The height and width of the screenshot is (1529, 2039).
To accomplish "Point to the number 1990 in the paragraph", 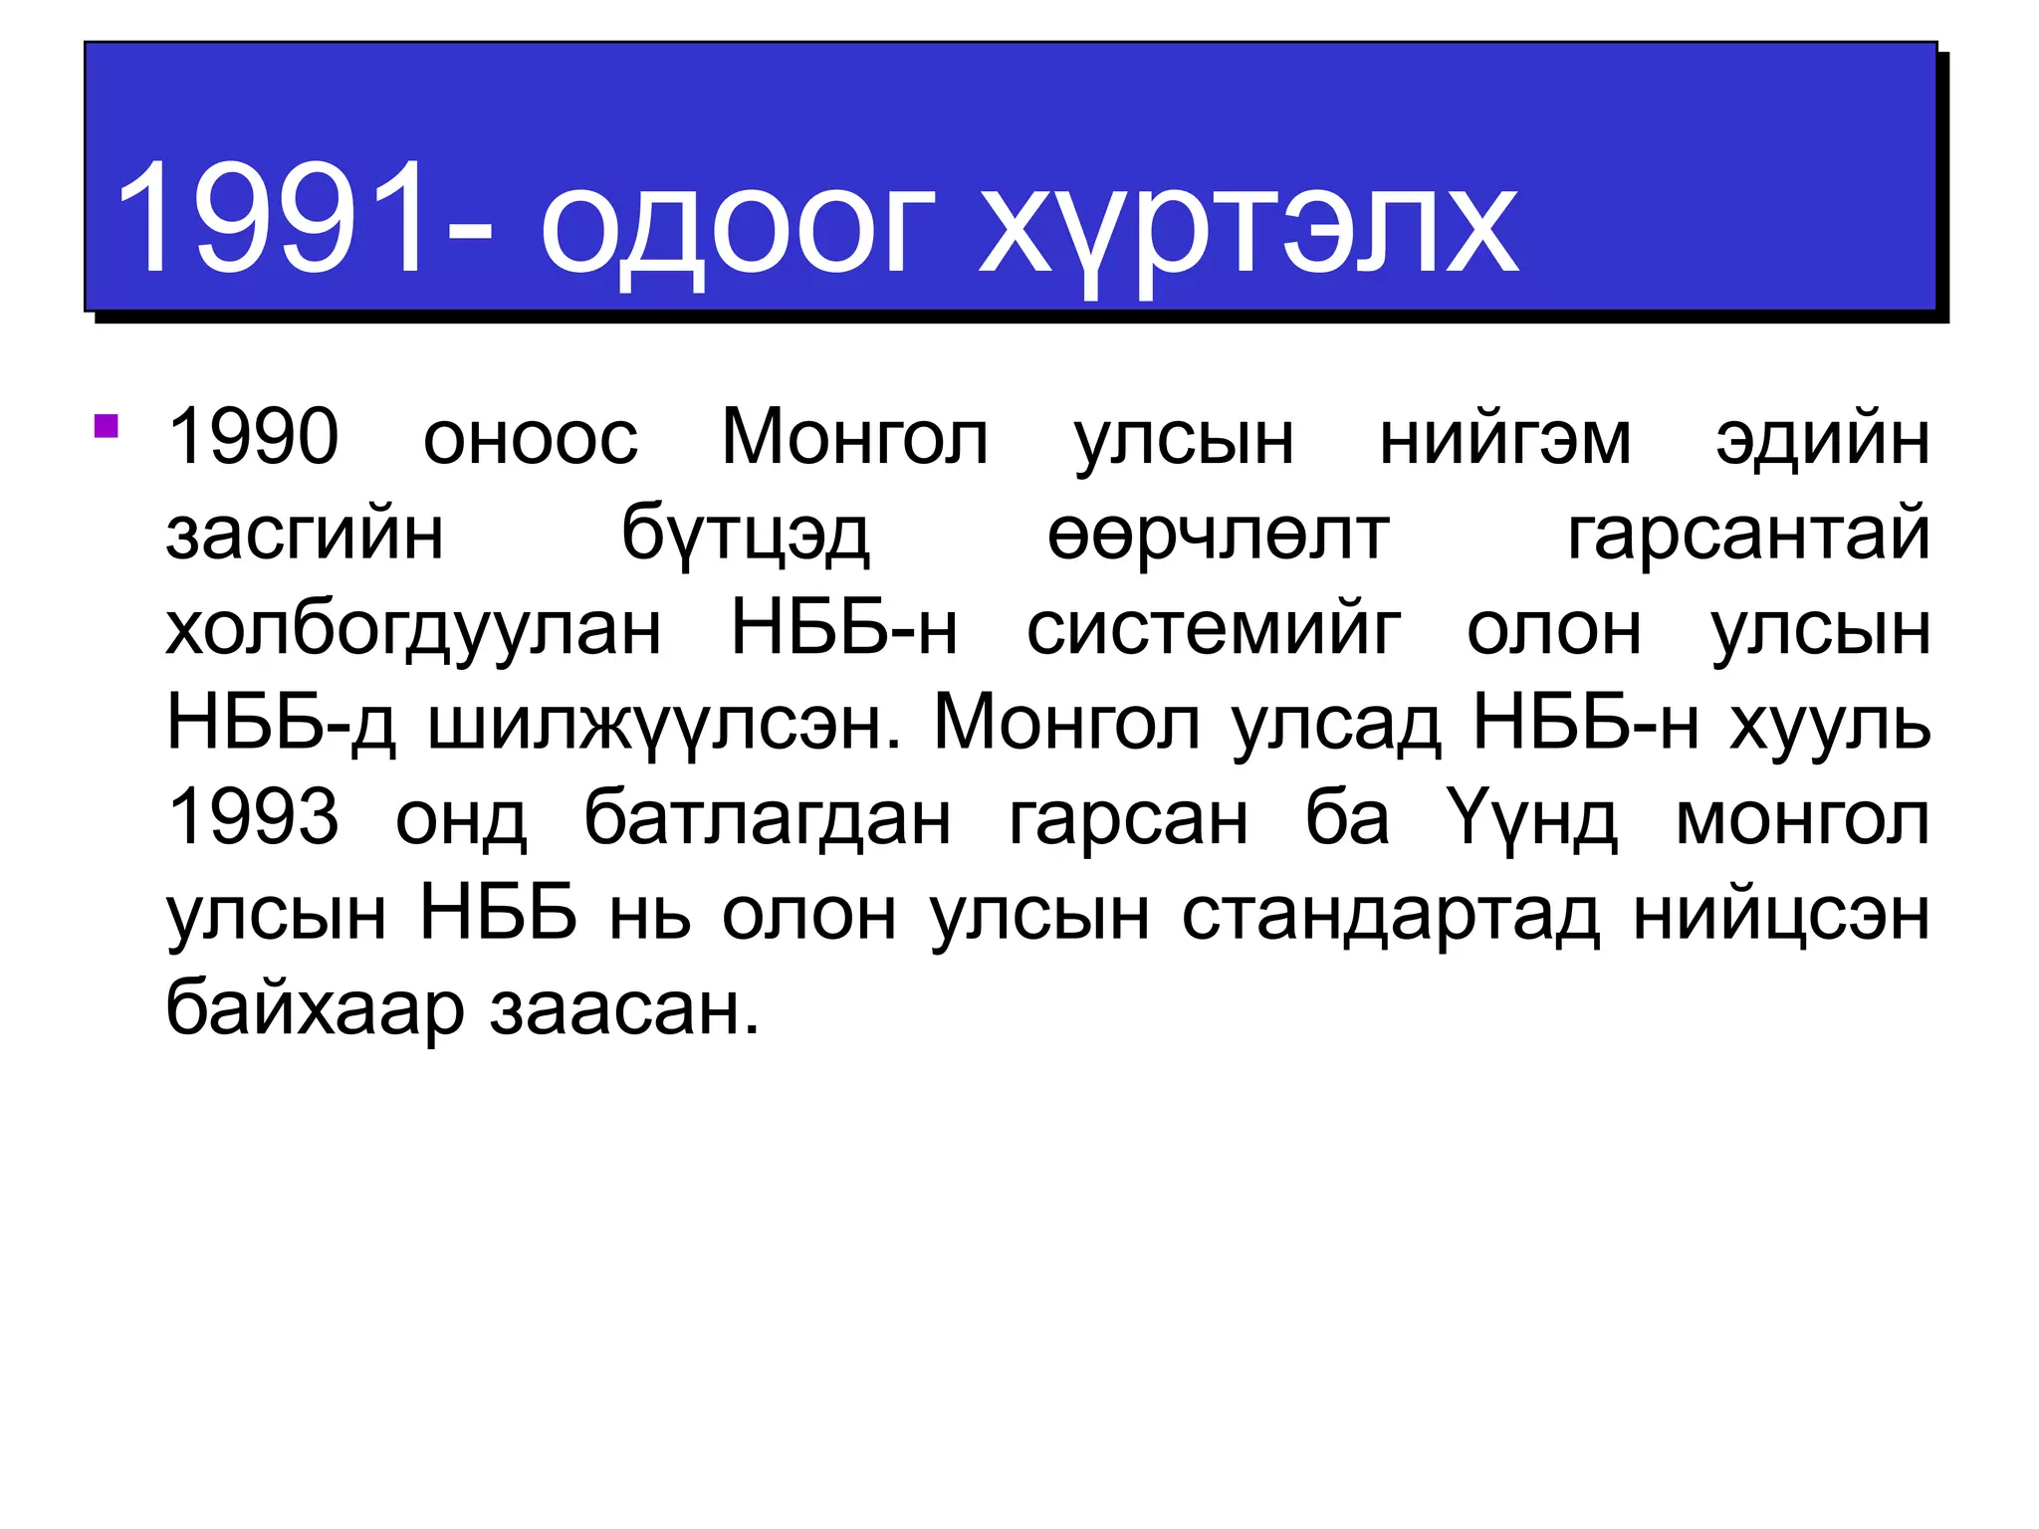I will point(254,437).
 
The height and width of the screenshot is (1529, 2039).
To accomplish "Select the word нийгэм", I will point(1504,438).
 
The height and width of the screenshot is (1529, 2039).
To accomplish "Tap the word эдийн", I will point(1822,438).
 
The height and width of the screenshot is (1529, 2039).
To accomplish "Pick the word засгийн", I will point(305,534).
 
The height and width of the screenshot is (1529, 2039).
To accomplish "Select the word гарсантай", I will point(1748,534).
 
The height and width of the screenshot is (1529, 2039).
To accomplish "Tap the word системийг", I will point(1213,629).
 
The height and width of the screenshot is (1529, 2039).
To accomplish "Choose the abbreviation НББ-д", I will point(281,723).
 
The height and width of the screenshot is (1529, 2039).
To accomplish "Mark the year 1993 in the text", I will point(254,817).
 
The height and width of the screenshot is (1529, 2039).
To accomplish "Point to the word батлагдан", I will point(767,818).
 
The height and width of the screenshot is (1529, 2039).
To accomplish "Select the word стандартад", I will point(1390,914).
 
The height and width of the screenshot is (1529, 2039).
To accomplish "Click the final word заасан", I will point(624,1009).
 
